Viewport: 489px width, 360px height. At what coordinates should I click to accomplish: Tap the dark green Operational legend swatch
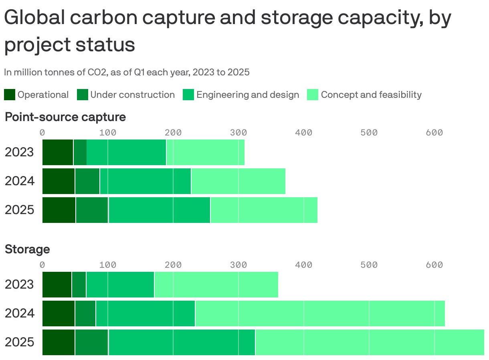(x=10, y=95)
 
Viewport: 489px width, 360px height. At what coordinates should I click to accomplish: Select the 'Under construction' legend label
(x=132, y=95)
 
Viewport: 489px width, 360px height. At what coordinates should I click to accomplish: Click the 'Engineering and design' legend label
(x=247, y=95)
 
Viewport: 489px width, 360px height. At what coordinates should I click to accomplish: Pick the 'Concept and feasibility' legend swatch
(x=313, y=95)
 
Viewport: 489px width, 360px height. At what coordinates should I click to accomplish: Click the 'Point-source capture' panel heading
(x=65, y=117)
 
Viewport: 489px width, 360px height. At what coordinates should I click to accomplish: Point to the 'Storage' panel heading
(x=27, y=249)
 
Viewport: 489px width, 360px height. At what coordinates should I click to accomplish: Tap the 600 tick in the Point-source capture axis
(x=434, y=133)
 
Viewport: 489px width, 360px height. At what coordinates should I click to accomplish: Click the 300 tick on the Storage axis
(x=238, y=265)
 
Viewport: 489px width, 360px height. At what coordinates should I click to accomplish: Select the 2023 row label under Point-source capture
(x=19, y=152)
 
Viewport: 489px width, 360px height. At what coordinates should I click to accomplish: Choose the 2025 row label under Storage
(x=19, y=342)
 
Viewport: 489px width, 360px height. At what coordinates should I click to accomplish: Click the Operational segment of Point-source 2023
(x=58, y=152)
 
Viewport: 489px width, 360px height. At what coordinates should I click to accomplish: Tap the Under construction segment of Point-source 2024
(x=87, y=181)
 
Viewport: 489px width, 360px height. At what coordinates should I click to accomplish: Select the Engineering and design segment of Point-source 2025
(x=159, y=210)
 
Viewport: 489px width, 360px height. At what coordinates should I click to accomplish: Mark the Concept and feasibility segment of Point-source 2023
(x=205, y=152)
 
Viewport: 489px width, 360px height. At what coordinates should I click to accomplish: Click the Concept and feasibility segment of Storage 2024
(x=320, y=313)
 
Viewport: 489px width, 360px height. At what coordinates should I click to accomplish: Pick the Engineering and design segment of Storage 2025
(x=182, y=342)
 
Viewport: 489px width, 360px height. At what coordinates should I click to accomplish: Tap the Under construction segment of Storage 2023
(x=79, y=285)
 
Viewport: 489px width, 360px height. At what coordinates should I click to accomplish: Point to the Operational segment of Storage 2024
(x=59, y=313)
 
